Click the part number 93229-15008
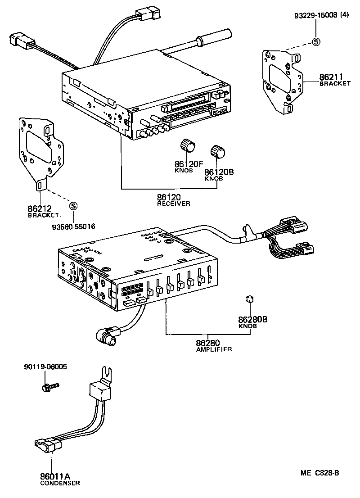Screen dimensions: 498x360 click(x=315, y=15)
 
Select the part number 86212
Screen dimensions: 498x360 click(x=39, y=209)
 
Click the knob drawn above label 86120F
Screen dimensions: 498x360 click(x=188, y=146)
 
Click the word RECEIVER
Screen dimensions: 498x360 click(x=174, y=204)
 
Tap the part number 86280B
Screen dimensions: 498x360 click(x=253, y=319)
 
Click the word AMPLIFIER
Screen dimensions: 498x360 click(x=214, y=349)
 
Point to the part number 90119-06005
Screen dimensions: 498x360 click(x=45, y=367)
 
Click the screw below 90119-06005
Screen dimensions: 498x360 click(x=49, y=386)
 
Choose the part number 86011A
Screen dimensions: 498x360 click(x=55, y=476)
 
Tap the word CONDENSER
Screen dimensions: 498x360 click(x=59, y=483)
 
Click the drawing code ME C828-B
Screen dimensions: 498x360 click(x=320, y=473)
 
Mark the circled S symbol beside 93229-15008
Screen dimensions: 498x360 click(x=316, y=42)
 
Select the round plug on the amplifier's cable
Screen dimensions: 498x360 click(x=104, y=335)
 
